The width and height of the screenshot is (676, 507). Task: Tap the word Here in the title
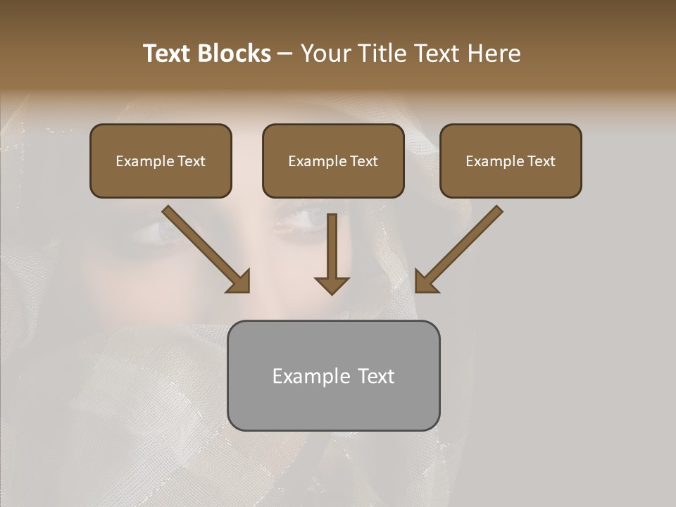494,54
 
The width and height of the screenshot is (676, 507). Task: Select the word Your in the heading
325,54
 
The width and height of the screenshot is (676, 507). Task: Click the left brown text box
161,161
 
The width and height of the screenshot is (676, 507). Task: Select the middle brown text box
333,161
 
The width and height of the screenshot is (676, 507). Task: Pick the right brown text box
511,161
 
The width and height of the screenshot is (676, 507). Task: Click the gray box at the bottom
333,375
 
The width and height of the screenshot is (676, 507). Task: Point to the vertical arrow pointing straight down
332,254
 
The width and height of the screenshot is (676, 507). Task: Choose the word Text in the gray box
376,376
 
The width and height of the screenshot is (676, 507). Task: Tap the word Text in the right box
541,161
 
